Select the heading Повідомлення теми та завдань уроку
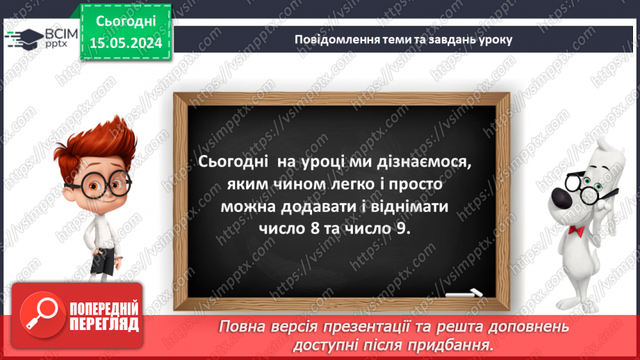click(x=404, y=39)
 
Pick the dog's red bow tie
click(x=576, y=230)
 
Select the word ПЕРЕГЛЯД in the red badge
click(x=102, y=324)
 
